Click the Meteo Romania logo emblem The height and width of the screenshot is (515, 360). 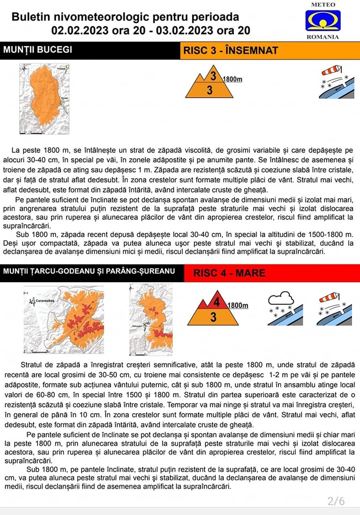pyautogui.click(x=322, y=21)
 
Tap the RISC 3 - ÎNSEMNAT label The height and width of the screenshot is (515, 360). pyautogui.click(x=231, y=50)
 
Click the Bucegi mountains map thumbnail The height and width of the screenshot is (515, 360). pyautogui.click(x=45, y=99)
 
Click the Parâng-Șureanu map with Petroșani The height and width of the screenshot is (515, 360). pyautogui.click(x=151, y=319)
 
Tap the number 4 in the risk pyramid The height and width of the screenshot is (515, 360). pyautogui.click(x=216, y=302)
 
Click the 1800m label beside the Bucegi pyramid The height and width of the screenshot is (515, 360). pyautogui.click(x=232, y=79)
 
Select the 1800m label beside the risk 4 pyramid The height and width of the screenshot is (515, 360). pyautogui.click(x=238, y=306)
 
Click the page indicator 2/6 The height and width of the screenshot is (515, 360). pyautogui.click(x=336, y=501)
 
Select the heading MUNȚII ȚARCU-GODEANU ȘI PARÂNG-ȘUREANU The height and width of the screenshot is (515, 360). pyautogui.click(x=89, y=271)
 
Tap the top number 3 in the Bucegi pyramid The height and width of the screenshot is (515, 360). pyautogui.click(x=213, y=76)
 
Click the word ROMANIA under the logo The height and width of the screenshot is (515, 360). pyautogui.click(x=322, y=37)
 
